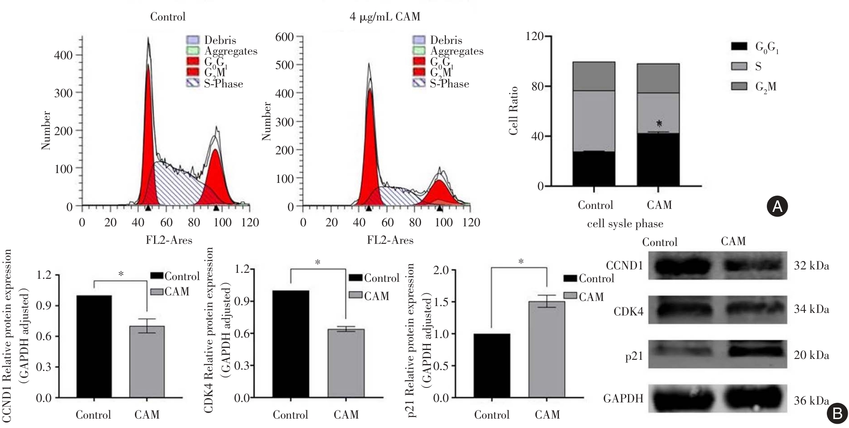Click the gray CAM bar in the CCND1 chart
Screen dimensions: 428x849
[x=147, y=362]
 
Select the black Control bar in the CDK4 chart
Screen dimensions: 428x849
[x=291, y=344]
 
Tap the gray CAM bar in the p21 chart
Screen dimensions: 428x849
[x=547, y=350]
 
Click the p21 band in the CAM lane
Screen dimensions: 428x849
[x=755, y=351]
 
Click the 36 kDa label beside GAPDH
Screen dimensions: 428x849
[x=811, y=401]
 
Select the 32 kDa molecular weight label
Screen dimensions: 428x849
[x=811, y=266]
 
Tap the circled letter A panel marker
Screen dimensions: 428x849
[x=777, y=206]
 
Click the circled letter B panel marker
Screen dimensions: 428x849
[x=837, y=414]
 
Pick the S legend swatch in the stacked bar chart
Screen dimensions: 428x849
[x=739, y=67]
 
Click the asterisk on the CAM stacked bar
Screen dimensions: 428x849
[x=659, y=124]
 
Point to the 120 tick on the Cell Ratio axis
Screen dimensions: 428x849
[x=535, y=36]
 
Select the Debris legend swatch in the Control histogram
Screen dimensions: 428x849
[x=193, y=40]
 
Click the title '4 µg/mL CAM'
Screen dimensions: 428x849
[x=384, y=17]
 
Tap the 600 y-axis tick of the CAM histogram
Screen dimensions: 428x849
[x=284, y=37]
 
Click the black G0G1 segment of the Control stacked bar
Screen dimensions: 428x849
[x=594, y=169]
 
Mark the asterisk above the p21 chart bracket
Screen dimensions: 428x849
[x=521, y=262]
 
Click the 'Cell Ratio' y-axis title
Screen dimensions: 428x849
[x=513, y=111]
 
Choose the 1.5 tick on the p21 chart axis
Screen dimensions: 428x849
[x=441, y=302]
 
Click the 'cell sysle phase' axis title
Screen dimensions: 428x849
[x=625, y=224]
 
